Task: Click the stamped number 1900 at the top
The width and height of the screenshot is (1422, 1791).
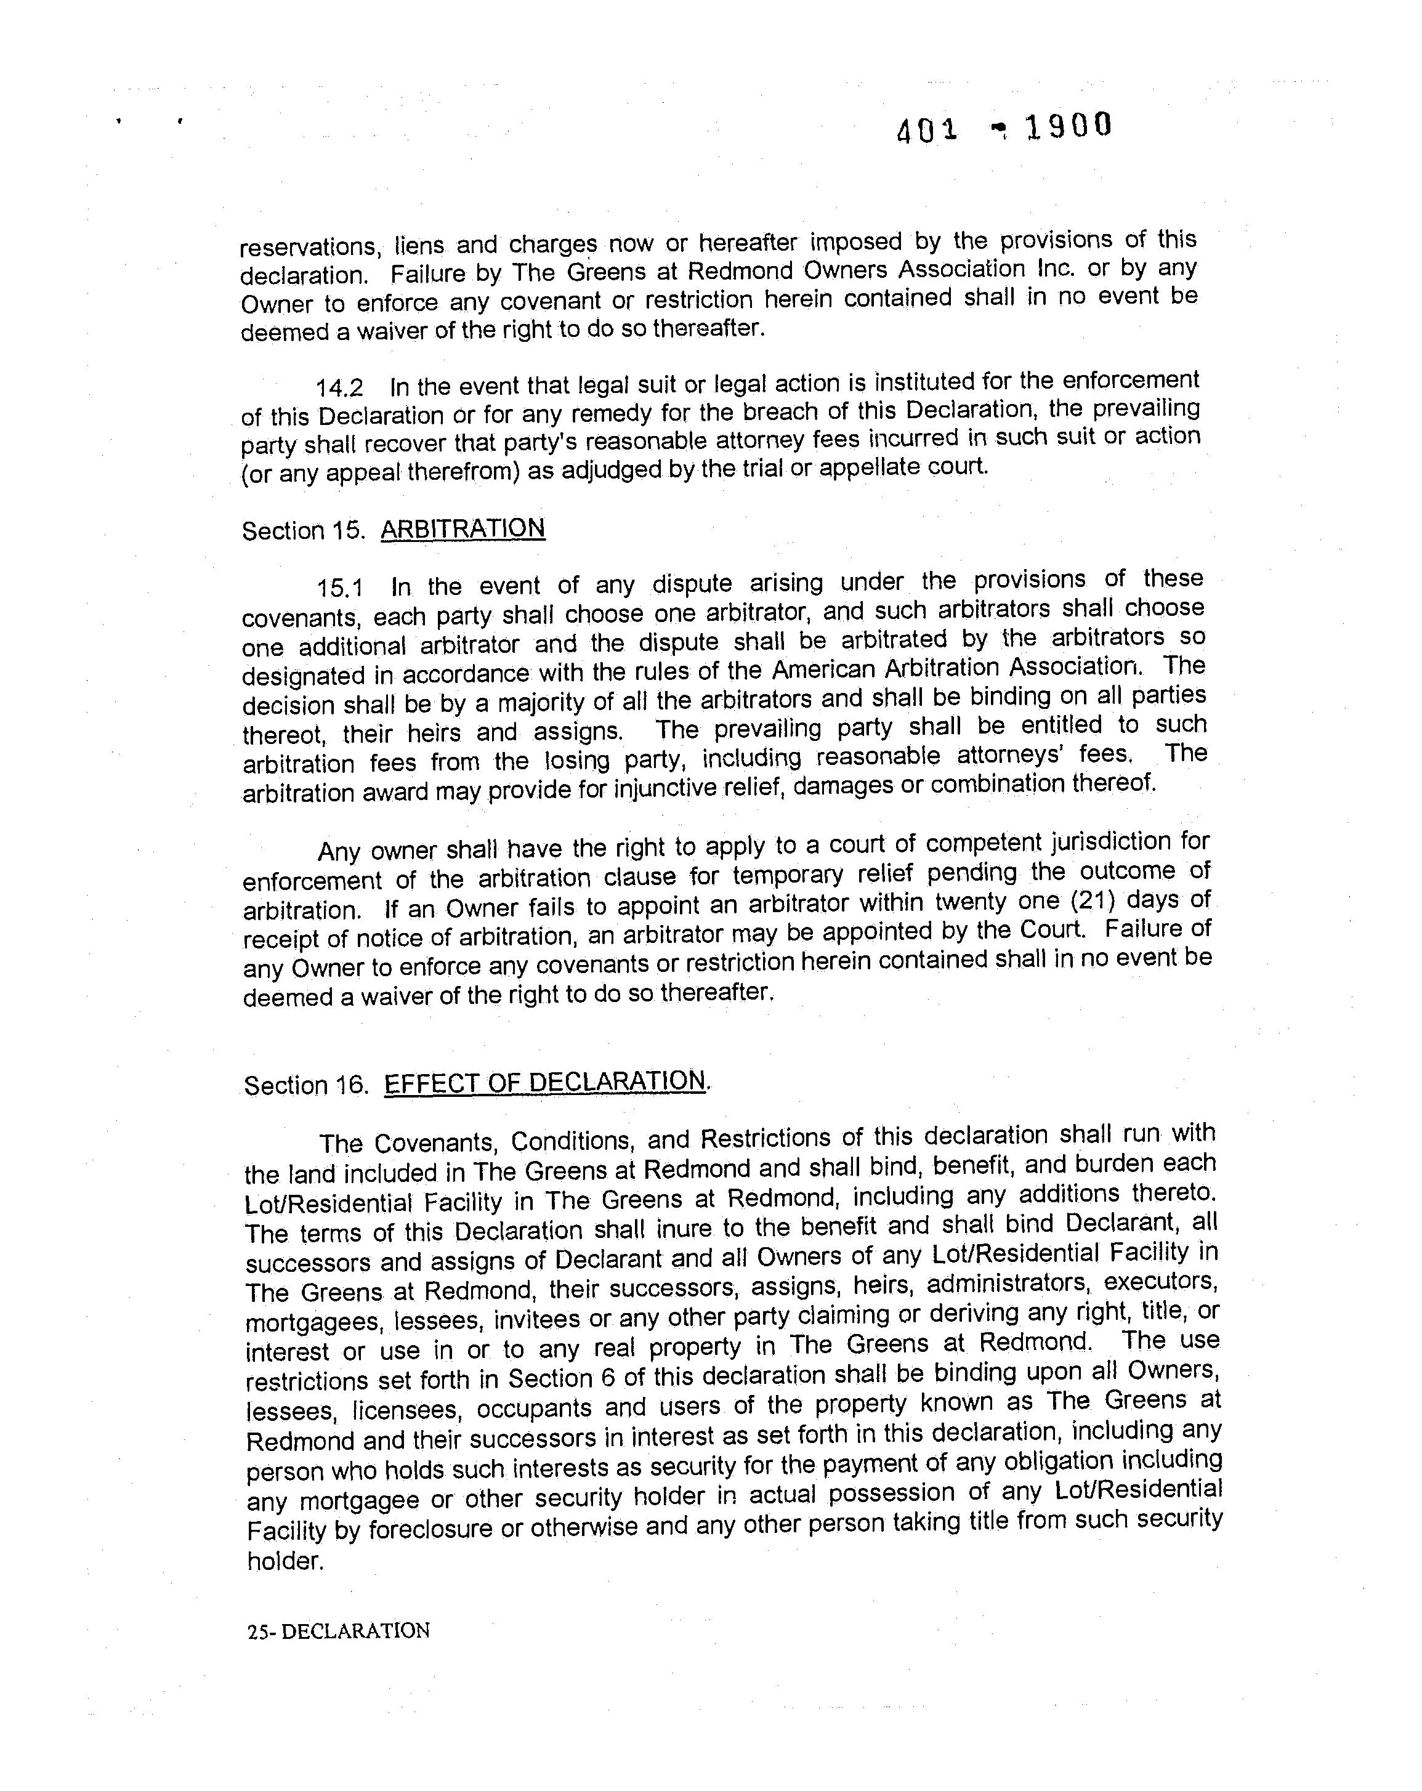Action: (1067, 127)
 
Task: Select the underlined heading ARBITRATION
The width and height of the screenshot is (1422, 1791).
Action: (463, 528)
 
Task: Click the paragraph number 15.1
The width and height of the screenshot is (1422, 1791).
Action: (340, 588)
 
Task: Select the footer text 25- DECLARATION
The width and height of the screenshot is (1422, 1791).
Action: (338, 1631)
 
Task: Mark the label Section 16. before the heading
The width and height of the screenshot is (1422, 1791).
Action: (305, 1086)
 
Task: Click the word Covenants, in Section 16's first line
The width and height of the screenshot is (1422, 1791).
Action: (435, 1143)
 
